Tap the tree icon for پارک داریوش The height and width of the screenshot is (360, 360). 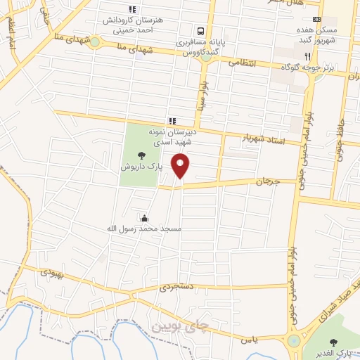[x=143, y=155]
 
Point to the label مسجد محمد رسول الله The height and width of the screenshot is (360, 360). [x=144, y=229]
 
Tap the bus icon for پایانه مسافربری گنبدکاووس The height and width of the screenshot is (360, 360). [x=200, y=31]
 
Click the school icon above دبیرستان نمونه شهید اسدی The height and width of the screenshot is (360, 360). [x=172, y=121]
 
